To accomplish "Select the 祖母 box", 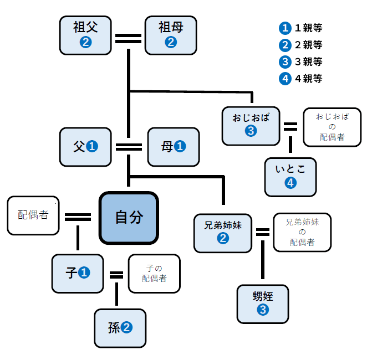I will pyautogui.click(x=171, y=35).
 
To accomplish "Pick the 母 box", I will pyautogui.click(x=173, y=147).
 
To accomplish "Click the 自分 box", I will pyautogui.click(x=129, y=217).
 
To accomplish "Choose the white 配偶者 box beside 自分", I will pyautogui.click(x=33, y=215).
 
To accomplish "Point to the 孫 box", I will pyautogui.click(x=120, y=328).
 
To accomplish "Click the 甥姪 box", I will pyautogui.click(x=263, y=304).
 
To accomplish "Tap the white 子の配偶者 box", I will pyautogui.click(x=154, y=273).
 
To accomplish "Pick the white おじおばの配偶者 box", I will pyautogui.click(x=332, y=127).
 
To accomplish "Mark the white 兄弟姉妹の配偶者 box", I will pyautogui.click(x=302, y=232).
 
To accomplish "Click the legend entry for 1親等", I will pyautogui.click(x=302, y=27).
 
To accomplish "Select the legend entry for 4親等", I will pyautogui.click(x=302, y=79).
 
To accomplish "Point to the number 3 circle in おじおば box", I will pyautogui.click(x=251, y=131).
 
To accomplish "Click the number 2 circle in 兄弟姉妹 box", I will pyautogui.click(x=223, y=239).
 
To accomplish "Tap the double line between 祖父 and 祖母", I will pyautogui.click(x=128, y=39).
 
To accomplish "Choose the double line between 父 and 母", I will pyautogui.click(x=129, y=147).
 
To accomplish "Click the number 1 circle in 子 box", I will pyautogui.click(x=84, y=273).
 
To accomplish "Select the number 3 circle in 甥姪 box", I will pyautogui.click(x=263, y=311).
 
